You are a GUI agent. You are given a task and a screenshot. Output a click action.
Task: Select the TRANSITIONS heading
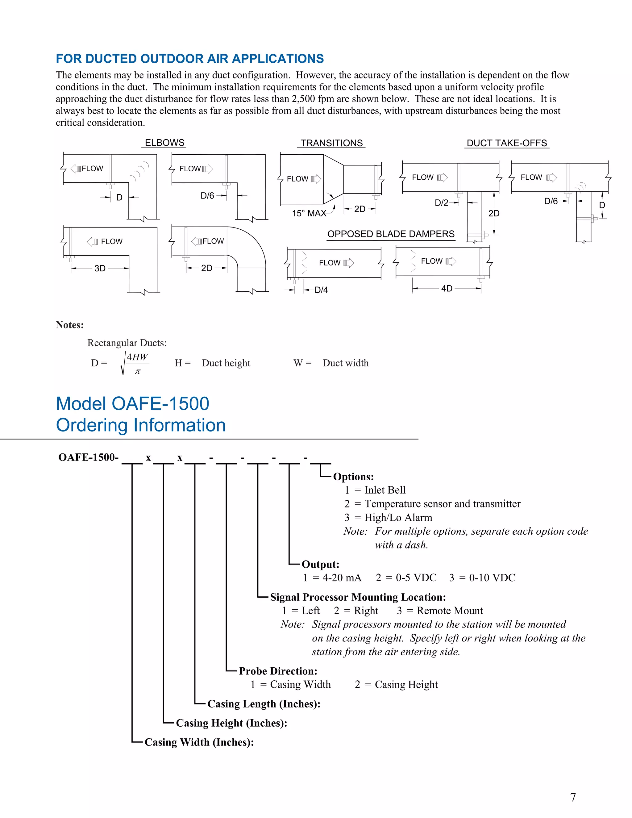(331, 143)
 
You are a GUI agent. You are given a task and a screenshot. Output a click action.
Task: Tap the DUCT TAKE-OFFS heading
(507, 143)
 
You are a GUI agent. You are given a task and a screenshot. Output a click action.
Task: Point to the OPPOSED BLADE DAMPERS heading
(391, 234)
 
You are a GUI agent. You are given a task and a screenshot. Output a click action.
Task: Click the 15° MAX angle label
(309, 214)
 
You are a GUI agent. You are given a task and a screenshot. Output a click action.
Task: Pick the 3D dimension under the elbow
(100, 269)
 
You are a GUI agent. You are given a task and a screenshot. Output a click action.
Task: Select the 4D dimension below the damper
(447, 288)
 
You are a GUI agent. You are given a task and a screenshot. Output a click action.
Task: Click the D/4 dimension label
(321, 290)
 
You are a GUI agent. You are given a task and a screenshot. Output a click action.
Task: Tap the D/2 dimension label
(441, 203)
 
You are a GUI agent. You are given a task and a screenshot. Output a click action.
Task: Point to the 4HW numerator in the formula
(137, 357)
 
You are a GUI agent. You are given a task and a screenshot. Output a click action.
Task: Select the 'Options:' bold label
(353, 477)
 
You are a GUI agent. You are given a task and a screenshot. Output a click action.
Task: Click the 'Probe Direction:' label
(278, 671)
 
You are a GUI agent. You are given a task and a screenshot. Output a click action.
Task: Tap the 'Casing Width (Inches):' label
(199, 742)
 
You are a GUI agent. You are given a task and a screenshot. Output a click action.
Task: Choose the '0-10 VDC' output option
(492, 578)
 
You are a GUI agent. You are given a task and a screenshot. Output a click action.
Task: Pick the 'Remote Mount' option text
(450, 611)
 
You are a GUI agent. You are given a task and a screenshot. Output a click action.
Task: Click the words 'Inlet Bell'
(385, 490)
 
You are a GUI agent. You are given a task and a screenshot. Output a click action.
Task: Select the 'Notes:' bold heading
(70, 325)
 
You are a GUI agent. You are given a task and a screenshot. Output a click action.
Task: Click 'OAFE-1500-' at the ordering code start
(88, 457)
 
